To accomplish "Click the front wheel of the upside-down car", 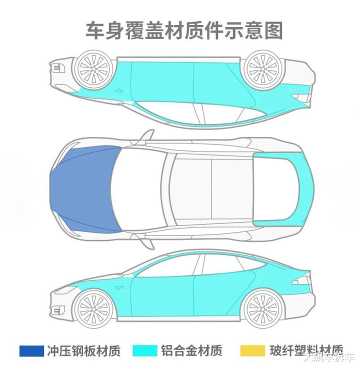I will (x=93, y=68).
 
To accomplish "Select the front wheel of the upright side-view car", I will (x=93, y=305).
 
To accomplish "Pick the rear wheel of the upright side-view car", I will (x=261, y=305).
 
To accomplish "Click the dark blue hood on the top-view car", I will (x=85, y=190).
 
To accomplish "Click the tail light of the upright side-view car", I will (x=301, y=280).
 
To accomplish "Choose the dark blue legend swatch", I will (x=31, y=350).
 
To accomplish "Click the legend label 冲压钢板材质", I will (x=83, y=350).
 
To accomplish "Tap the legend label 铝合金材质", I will (x=191, y=350).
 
